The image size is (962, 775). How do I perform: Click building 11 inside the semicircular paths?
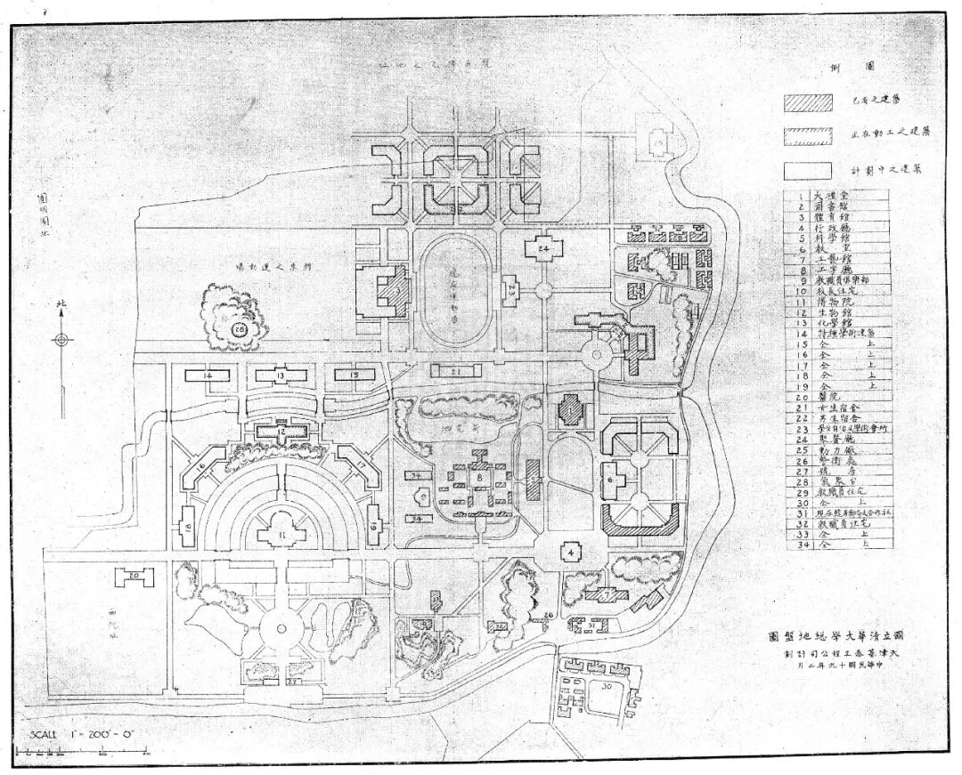coord(281,534)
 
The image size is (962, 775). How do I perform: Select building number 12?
coord(280,432)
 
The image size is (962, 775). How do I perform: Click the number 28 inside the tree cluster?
coord(240,328)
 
